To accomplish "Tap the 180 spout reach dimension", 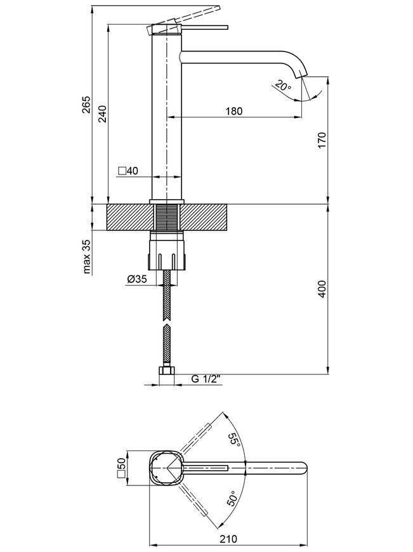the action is pyautogui.click(x=234, y=111).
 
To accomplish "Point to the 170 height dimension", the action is pyautogui.click(x=322, y=140).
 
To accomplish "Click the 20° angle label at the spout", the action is pyautogui.click(x=283, y=86).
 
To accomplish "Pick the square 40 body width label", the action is pyautogui.click(x=129, y=171).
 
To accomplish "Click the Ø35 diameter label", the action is pyautogui.click(x=136, y=280).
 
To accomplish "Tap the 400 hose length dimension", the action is pyautogui.click(x=322, y=289).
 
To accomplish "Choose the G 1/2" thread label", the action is pyautogui.click(x=206, y=379).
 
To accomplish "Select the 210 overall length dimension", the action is pyautogui.click(x=228, y=539).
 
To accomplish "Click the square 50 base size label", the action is pyautogui.click(x=121, y=468).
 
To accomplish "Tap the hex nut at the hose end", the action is pyautogui.click(x=167, y=371).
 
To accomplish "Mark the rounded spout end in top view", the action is pyautogui.click(x=303, y=468).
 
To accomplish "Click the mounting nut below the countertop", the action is pyautogui.click(x=167, y=251).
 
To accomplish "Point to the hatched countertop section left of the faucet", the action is pyautogui.click(x=130, y=217).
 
